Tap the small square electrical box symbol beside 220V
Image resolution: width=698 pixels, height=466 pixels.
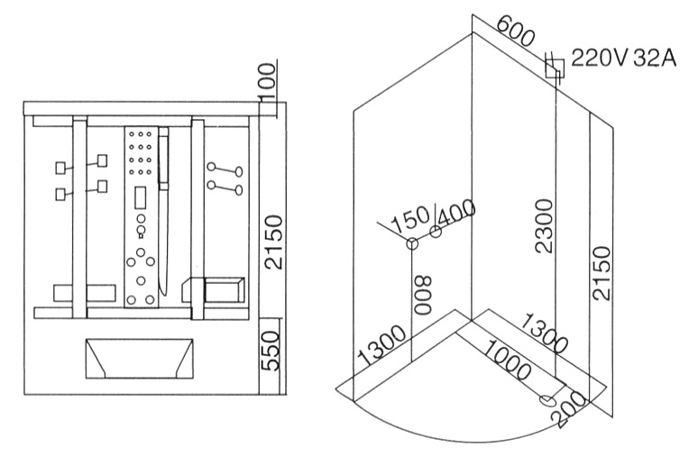(x=555, y=65)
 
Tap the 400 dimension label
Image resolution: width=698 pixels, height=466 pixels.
(x=456, y=216)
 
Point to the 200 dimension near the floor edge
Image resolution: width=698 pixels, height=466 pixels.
(x=566, y=397)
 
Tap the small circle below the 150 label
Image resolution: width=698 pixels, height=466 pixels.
(x=413, y=243)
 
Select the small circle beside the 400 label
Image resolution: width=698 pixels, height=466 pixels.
(x=436, y=233)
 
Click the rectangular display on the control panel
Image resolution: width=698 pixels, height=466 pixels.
(x=140, y=194)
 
